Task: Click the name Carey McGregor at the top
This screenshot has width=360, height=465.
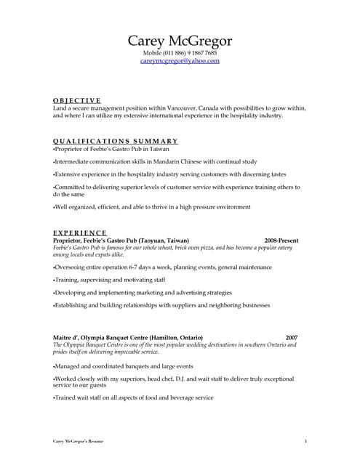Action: [x=180, y=41]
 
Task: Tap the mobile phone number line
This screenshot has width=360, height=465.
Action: [x=180, y=53]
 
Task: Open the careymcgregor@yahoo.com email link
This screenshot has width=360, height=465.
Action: [x=180, y=61]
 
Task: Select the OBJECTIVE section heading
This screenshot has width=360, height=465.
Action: [x=77, y=100]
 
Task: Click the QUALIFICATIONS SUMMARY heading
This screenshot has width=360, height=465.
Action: [x=116, y=140]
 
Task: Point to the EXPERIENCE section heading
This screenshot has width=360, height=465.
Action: [x=81, y=232]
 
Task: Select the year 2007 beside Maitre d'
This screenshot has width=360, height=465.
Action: [x=291, y=338]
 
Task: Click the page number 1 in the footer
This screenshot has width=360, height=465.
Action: [x=305, y=441]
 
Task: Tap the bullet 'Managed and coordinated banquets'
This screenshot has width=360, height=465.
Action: [x=124, y=367]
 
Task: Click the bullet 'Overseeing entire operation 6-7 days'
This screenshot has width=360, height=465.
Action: [x=152, y=266]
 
